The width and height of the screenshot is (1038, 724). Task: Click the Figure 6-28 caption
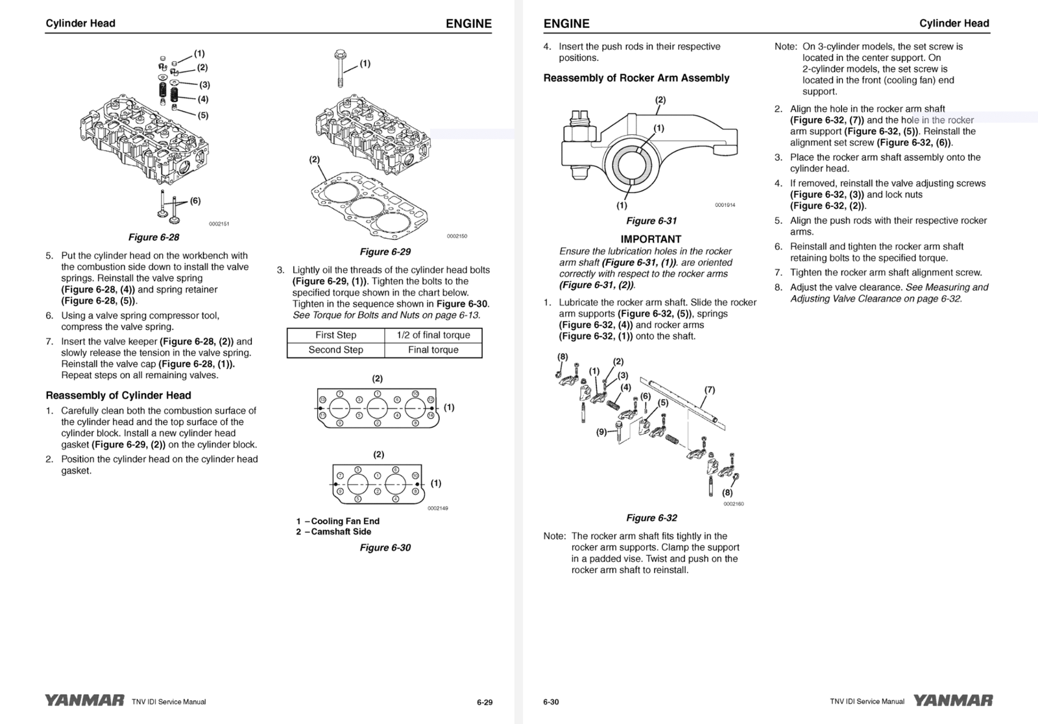pos(154,237)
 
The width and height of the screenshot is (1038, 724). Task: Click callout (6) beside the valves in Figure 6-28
pos(195,201)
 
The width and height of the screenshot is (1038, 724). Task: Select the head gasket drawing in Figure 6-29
pos(368,200)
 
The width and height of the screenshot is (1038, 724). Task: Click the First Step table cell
pos(335,335)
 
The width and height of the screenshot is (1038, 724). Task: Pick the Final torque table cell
pos(433,350)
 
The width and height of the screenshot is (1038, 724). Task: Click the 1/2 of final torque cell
pos(433,335)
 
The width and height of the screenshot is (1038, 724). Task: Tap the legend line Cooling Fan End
pos(338,521)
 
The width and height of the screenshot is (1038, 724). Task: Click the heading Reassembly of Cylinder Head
pos(118,395)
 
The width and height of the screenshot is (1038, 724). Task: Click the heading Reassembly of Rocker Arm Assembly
pos(636,78)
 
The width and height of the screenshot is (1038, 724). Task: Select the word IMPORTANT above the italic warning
pos(651,239)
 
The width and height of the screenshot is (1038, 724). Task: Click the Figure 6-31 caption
pos(651,221)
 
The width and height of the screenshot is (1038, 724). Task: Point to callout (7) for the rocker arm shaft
pos(710,390)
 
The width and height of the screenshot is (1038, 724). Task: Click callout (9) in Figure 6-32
pos(601,432)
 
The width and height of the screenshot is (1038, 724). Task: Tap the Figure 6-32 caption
pos(651,518)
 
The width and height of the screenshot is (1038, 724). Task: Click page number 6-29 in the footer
pos(485,702)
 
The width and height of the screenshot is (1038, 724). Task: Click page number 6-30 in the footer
pos(551,702)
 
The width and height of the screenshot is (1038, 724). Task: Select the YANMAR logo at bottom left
pos(84,701)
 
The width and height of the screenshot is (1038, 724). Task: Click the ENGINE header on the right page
pos(566,24)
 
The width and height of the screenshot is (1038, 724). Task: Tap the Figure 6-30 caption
pos(385,548)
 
